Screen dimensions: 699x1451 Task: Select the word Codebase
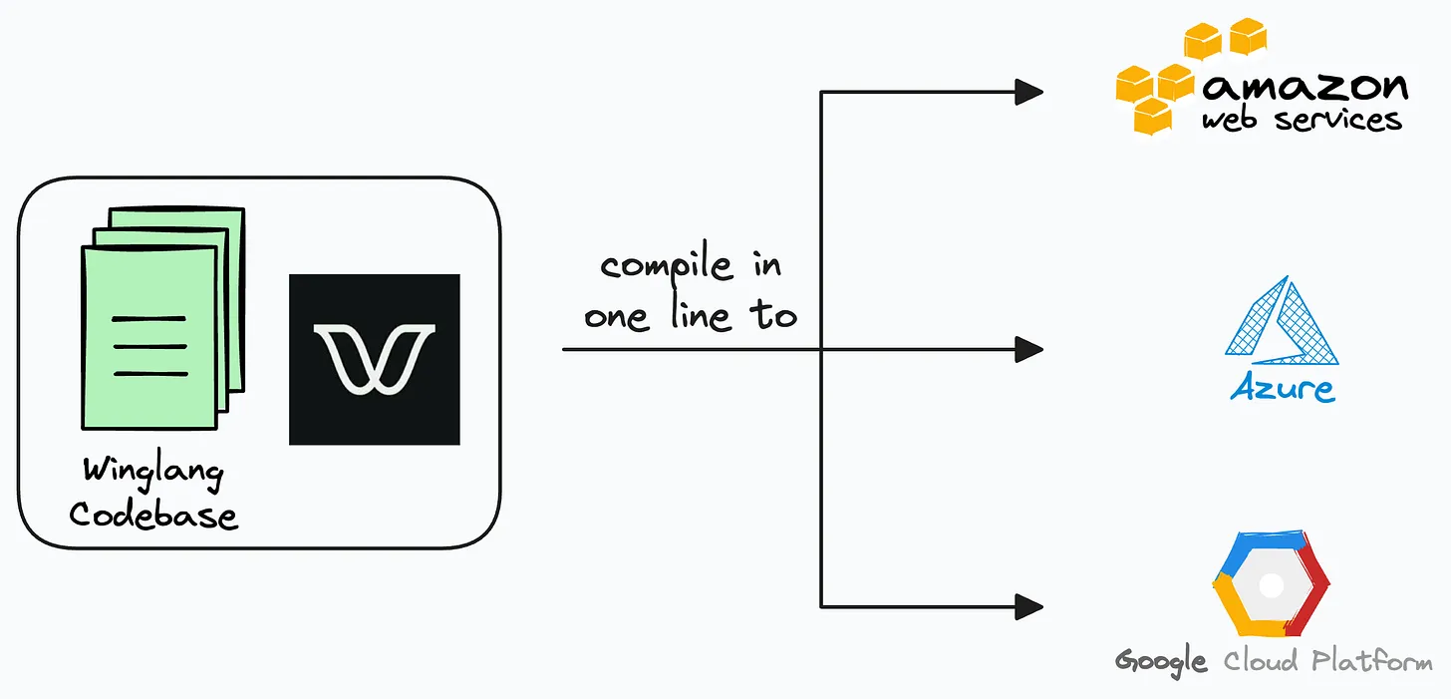pyautogui.click(x=153, y=514)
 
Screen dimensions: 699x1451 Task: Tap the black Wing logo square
pyautogui.click(x=374, y=359)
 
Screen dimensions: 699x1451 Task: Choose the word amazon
pyautogui.click(x=1306, y=87)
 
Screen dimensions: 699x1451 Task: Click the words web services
pyautogui.click(x=1302, y=121)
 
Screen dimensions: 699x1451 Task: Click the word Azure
pyautogui.click(x=1283, y=387)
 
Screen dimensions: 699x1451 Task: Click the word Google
pyautogui.click(x=1161, y=661)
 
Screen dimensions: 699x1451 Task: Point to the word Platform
pyautogui.click(x=1372, y=661)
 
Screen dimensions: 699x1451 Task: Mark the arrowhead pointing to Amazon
pyautogui.click(x=1028, y=93)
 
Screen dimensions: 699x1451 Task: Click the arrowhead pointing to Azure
pyautogui.click(x=1028, y=349)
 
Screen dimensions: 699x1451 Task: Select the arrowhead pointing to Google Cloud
pyautogui.click(x=1028, y=605)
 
